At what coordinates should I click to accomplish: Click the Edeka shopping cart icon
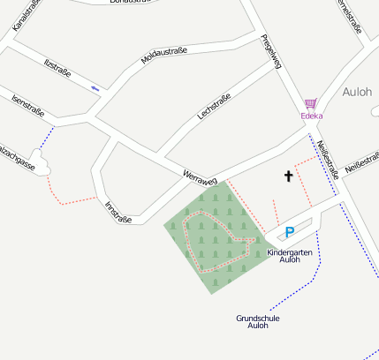click(x=310, y=103)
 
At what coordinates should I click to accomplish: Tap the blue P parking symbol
click(x=289, y=233)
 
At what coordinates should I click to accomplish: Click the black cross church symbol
click(x=288, y=176)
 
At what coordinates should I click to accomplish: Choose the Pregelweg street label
click(x=271, y=54)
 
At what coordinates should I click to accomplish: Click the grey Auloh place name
click(x=357, y=91)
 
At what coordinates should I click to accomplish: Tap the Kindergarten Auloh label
click(x=290, y=256)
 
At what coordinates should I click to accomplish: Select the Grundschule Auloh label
click(x=257, y=321)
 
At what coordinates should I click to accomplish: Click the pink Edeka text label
click(x=311, y=116)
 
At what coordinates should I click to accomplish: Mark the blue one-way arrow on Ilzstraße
click(x=95, y=87)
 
